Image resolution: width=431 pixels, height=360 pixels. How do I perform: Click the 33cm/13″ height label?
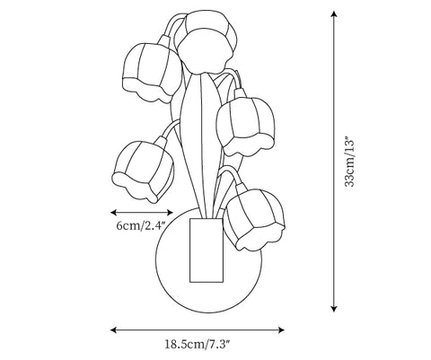(x=349, y=162)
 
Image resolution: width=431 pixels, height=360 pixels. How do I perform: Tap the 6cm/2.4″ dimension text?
(x=141, y=225)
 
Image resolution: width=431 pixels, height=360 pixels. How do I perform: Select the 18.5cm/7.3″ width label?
(x=198, y=344)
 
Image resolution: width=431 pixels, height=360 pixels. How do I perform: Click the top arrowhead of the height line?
(x=334, y=13)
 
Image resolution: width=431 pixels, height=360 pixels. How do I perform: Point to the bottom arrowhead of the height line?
(x=334, y=309)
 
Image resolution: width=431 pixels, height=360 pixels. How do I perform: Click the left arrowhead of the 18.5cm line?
(x=113, y=330)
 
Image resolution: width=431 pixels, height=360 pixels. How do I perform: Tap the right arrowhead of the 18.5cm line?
(x=281, y=330)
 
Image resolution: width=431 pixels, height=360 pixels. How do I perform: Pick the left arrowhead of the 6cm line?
(x=113, y=213)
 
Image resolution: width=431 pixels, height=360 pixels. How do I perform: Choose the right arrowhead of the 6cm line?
(x=170, y=213)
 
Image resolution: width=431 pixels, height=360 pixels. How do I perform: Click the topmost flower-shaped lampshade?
(x=207, y=42)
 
